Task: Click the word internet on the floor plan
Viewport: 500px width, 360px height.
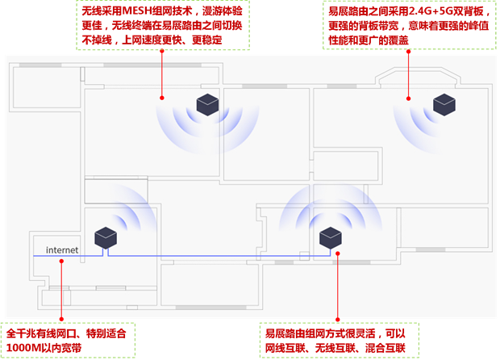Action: (x=62, y=250)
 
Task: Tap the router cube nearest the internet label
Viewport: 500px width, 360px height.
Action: (x=106, y=237)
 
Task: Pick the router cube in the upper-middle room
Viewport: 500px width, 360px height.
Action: (x=207, y=103)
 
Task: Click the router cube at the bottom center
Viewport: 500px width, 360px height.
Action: (x=330, y=237)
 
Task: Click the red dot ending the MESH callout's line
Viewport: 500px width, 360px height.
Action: (x=161, y=98)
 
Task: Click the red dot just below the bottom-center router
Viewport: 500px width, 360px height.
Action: (x=339, y=253)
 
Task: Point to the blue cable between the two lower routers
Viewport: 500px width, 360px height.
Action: (x=218, y=256)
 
